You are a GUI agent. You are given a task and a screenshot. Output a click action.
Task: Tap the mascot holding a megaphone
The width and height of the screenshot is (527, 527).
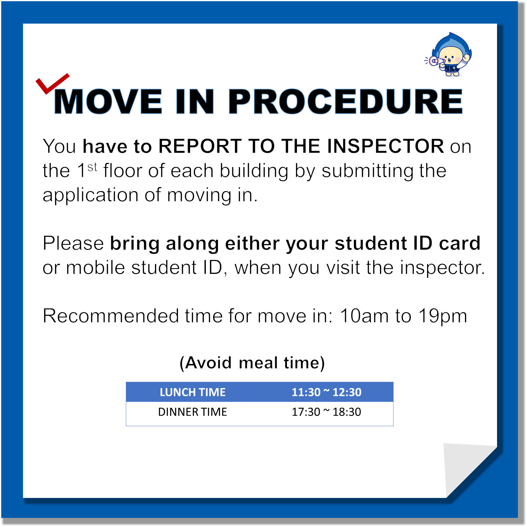click(448, 54)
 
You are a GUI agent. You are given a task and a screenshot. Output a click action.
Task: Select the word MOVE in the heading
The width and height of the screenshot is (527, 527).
click(108, 101)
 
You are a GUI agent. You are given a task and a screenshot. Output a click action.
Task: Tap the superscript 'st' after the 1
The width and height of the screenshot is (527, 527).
click(92, 167)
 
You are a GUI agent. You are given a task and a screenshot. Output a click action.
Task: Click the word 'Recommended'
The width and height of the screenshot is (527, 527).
click(111, 316)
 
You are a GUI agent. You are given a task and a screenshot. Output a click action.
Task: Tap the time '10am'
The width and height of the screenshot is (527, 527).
click(364, 316)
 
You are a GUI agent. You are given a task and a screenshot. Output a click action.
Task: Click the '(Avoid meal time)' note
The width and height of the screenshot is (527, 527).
click(252, 363)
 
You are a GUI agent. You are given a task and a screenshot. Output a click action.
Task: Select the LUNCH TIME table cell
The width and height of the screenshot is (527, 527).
click(193, 392)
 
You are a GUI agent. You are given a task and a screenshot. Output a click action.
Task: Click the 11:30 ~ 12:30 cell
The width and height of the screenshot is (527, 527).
click(326, 392)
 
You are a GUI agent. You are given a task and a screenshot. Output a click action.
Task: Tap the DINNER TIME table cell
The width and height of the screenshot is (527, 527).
click(193, 412)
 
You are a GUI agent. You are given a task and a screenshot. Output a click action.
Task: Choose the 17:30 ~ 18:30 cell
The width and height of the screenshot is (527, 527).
click(326, 412)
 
